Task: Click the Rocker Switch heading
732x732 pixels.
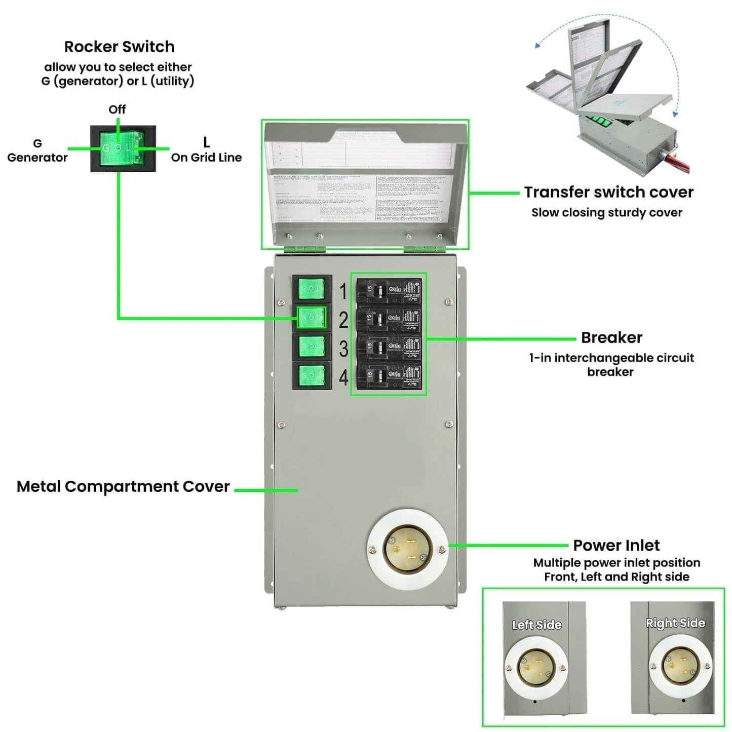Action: [x=119, y=47]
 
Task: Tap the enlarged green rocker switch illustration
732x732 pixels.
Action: [x=123, y=148]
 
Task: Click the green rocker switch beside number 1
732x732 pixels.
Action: [x=312, y=288]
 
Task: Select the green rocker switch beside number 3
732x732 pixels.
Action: [x=312, y=347]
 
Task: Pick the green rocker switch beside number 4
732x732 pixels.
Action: [x=312, y=375]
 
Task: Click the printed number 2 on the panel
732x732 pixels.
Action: [x=343, y=320]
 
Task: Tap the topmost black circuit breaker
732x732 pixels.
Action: [x=389, y=291]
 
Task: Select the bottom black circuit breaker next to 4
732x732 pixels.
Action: [x=389, y=375]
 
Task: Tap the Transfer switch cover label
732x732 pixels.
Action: [x=608, y=192]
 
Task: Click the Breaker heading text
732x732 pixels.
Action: [x=611, y=337]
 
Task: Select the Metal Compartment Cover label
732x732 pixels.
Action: [x=123, y=487]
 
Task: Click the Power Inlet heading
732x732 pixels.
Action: [x=616, y=546]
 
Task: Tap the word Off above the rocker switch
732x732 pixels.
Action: [x=117, y=109]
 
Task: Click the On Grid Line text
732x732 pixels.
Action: [x=206, y=158]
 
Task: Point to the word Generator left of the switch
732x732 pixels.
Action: [x=37, y=158]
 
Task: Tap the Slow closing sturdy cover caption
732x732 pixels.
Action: [x=606, y=213]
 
